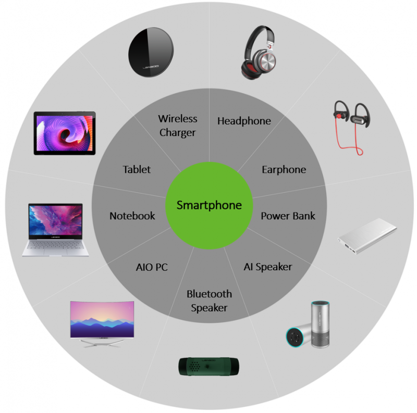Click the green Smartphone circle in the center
tap(209, 205)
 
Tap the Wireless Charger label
tap(177, 126)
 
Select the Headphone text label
tap(244, 121)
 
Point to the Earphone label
tap(284, 170)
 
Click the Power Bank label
tap(288, 216)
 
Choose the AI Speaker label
tap(267, 267)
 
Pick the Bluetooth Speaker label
tap(209, 301)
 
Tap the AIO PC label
tap(152, 268)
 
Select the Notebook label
tap(132, 216)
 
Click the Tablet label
tap(137, 170)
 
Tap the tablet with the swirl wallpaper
tap(65, 132)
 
